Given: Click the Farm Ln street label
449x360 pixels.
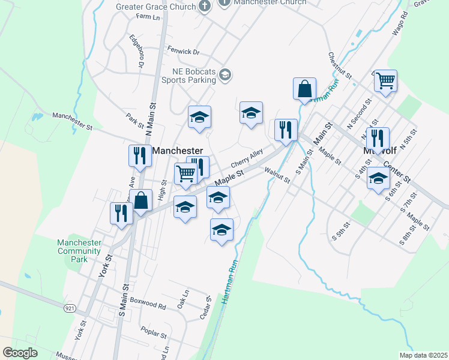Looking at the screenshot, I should (x=148, y=17).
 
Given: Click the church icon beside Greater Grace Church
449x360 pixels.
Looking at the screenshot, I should (x=205, y=7).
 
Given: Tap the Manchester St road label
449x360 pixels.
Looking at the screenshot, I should (x=73, y=121).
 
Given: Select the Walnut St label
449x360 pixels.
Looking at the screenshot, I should (x=278, y=176).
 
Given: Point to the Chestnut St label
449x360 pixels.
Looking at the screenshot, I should (x=339, y=65).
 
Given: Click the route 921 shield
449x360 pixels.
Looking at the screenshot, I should (x=71, y=307).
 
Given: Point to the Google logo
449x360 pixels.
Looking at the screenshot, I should (x=20, y=353).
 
